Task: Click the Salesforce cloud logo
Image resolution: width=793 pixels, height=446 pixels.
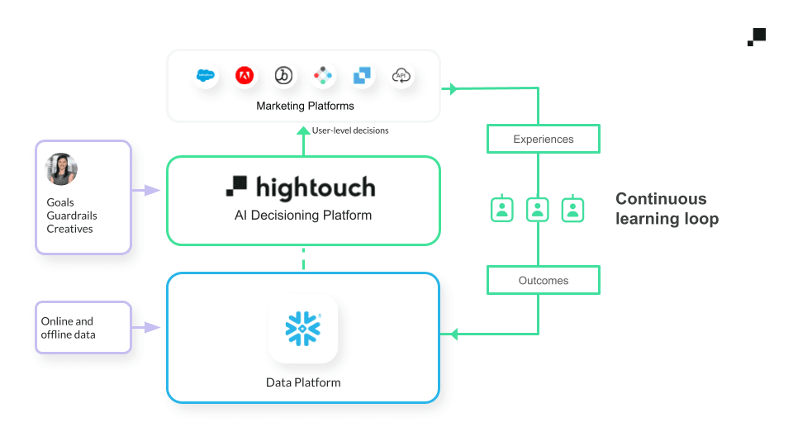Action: pyautogui.click(x=205, y=76)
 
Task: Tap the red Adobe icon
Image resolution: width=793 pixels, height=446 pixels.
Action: pyautogui.click(x=245, y=76)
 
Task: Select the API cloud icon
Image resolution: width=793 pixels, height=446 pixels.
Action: pyautogui.click(x=401, y=76)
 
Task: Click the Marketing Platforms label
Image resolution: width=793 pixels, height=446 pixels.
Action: pyautogui.click(x=305, y=106)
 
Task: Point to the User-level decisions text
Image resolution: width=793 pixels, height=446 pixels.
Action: pyautogui.click(x=350, y=130)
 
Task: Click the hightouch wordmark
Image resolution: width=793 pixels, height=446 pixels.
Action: pyautogui.click(x=302, y=187)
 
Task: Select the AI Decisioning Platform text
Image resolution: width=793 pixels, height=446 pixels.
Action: pyautogui.click(x=303, y=216)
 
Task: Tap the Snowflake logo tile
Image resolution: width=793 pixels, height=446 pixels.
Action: pyautogui.click(x=303, y=329)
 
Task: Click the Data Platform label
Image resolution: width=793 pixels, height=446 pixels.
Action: pyautogui.click(x=303, y=382)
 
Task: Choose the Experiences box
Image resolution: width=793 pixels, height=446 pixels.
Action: pyautogui.click(x=543, y=140)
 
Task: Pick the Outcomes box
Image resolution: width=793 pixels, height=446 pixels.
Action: pyautogui.click(x=543, y=281)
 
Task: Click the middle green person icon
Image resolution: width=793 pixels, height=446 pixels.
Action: pyautogui.click(x=538, y=209)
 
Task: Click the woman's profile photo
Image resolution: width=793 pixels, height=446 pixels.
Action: pyautogui.click(x=61, y=169)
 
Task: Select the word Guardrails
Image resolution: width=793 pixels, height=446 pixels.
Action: pyautogui.click(x=72, y=216)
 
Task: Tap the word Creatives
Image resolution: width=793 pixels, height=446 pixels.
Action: pyautogui.click(x=69, y=229)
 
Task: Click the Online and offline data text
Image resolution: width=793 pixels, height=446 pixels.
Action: pyautogui.click(x=68, y=328)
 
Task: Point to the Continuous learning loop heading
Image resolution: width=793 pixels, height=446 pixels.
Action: pyautogui.click(x=667, y=209)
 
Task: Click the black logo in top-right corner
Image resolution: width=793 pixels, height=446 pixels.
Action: pyautogui.click(x=757, y=37)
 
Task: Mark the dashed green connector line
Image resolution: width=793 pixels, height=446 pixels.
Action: pyautogui.click(x=303, y=259)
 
